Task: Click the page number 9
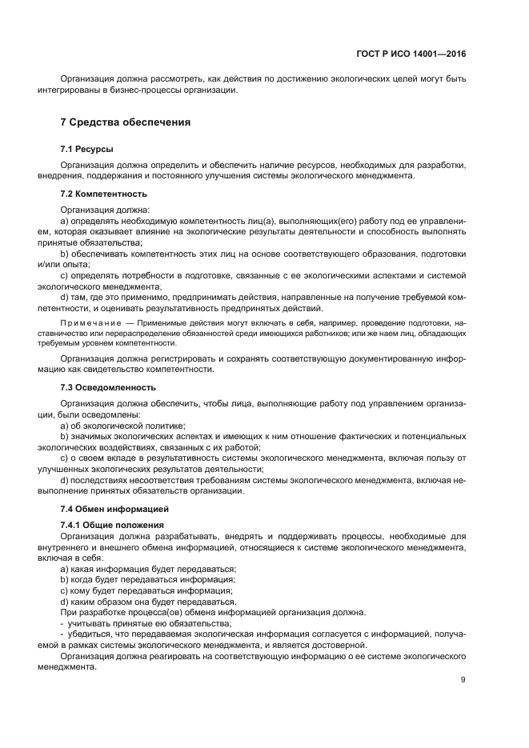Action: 463,680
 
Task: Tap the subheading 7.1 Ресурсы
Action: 86,149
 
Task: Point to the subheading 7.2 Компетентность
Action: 104,194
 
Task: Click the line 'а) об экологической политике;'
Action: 122,426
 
